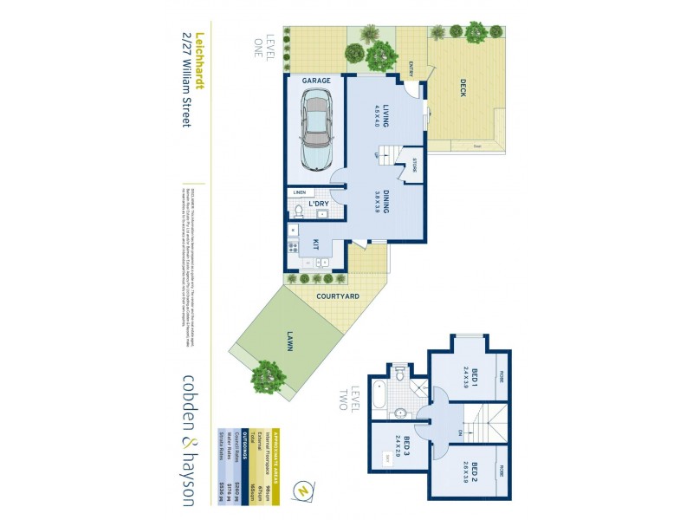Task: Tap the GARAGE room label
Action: [x=316, y=81]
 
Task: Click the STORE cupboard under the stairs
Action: [x=415, y=164]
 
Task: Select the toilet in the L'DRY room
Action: [x=298, y=209]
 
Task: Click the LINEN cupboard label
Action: [x=299, y=192]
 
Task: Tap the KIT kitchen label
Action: [x=317, y=245]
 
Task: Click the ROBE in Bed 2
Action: [x=501, y=471]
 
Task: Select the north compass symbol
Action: [x=300, y=490]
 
